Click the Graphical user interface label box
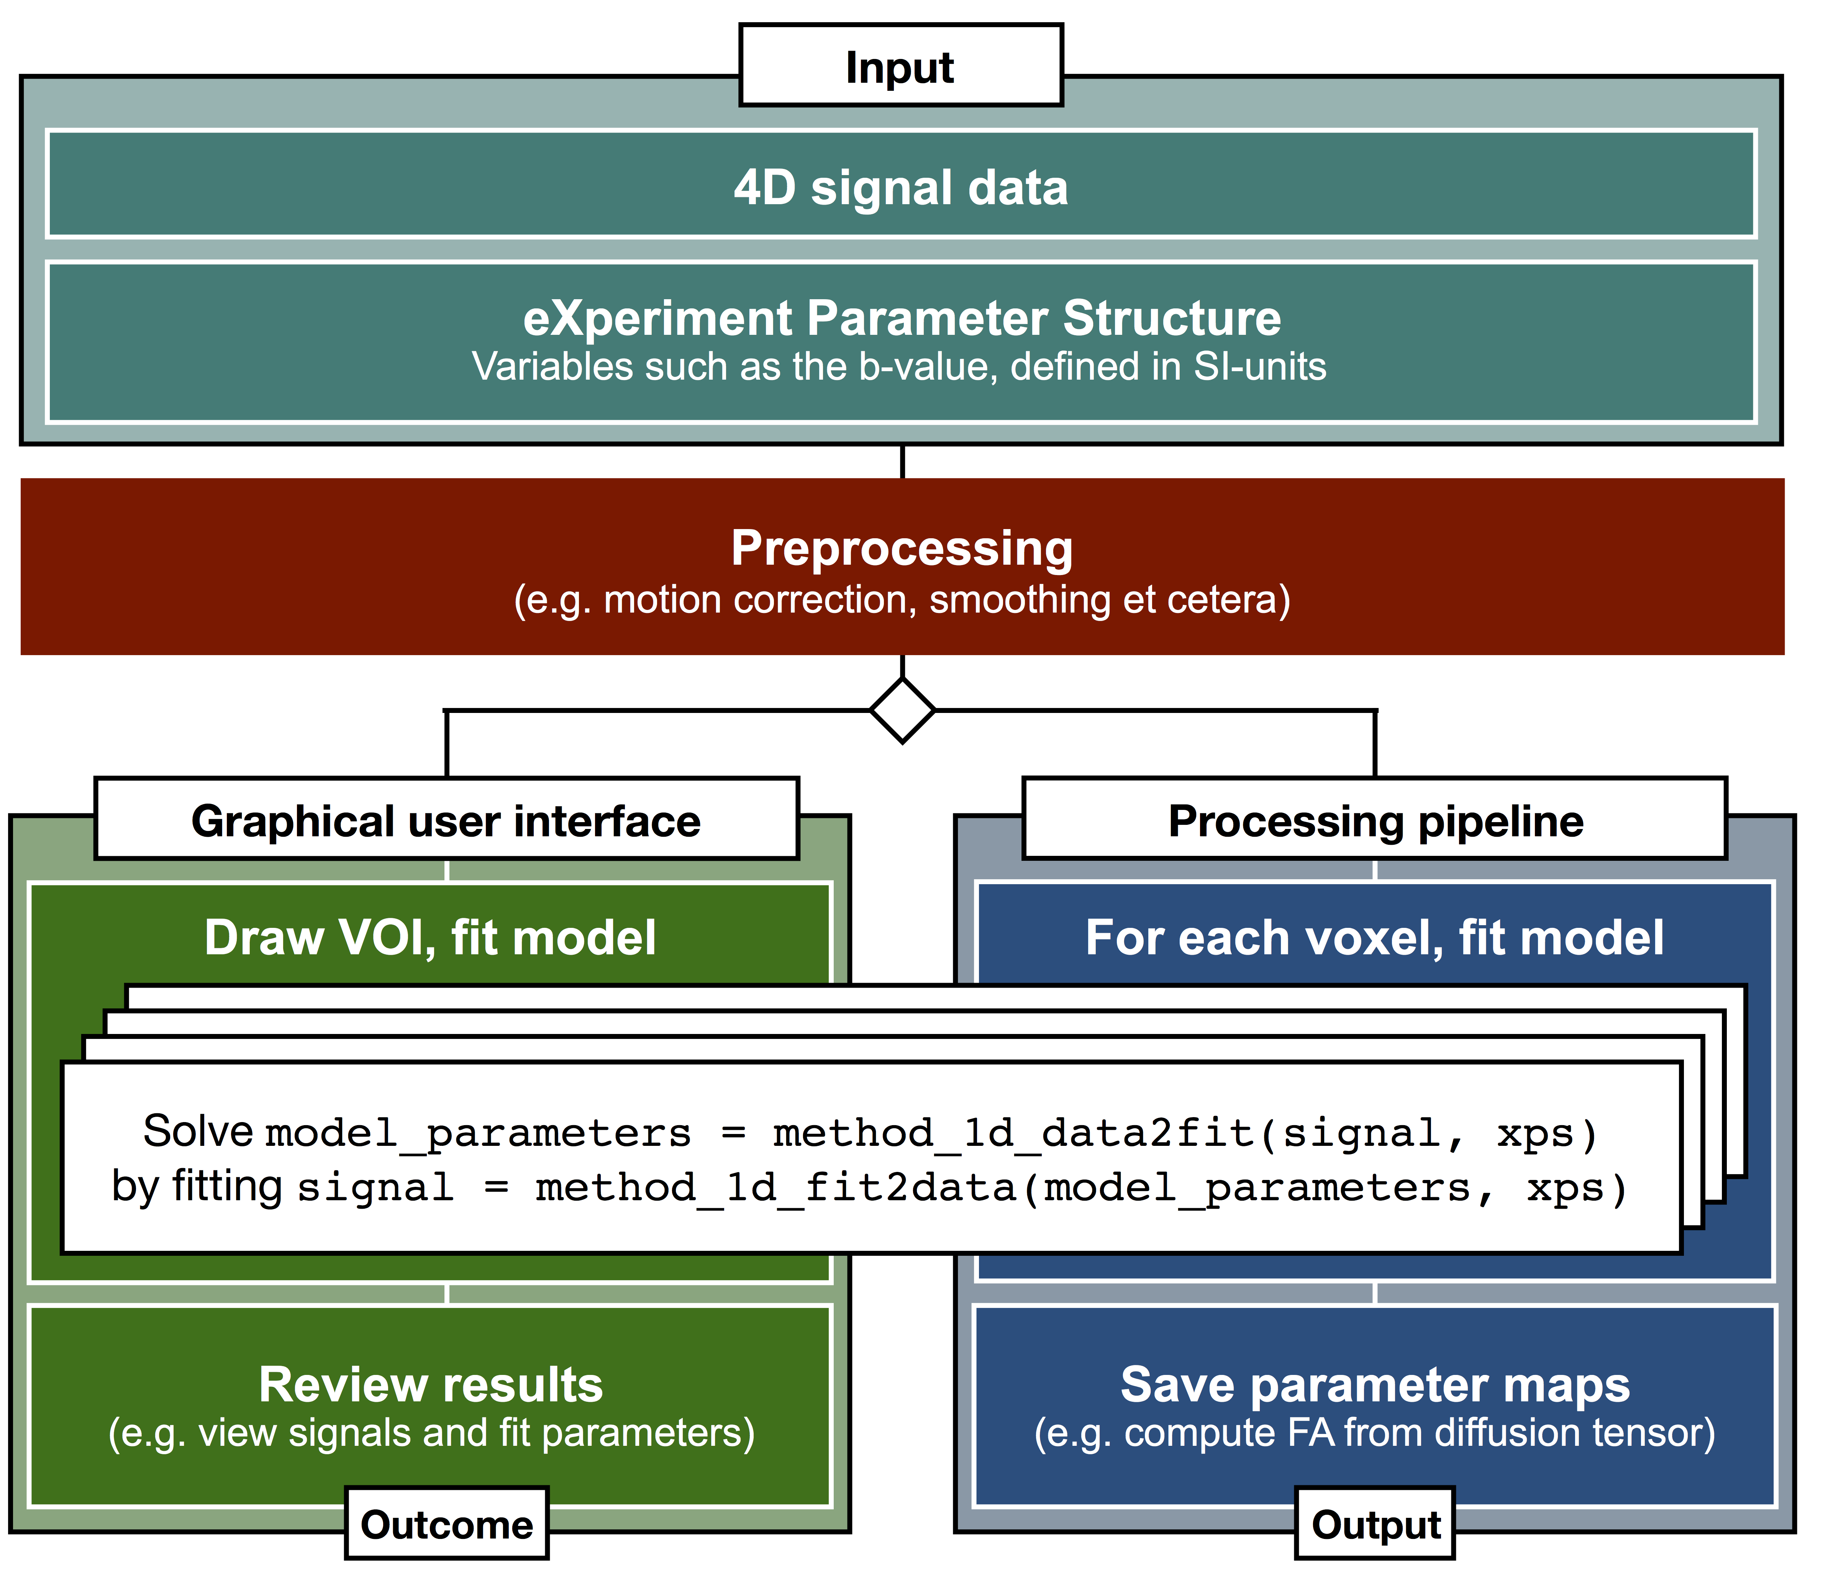[446, 820]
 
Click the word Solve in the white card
[198, 1131]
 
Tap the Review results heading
[430, 1385]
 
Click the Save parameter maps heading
[1374, 1385]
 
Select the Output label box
[1375, 1525]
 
